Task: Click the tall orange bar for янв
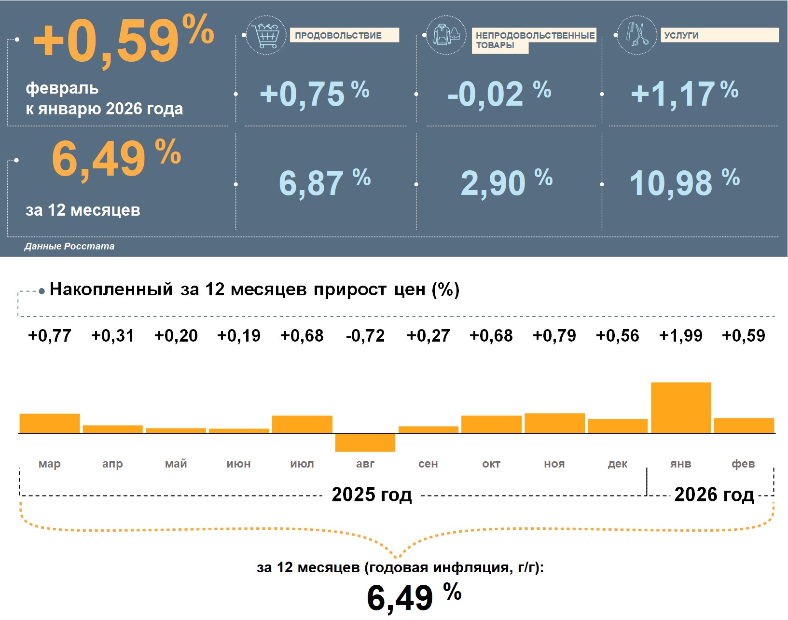680,408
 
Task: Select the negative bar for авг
365,442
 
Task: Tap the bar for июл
302,424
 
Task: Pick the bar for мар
49,423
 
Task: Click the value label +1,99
680,336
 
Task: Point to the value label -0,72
365,336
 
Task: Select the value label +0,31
112,336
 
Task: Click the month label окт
491,464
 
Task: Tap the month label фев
743,464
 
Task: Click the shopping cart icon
265,35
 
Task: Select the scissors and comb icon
637,35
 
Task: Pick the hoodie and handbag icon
446,35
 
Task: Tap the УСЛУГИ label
681,36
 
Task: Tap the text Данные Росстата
69,247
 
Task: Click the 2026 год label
714,495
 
